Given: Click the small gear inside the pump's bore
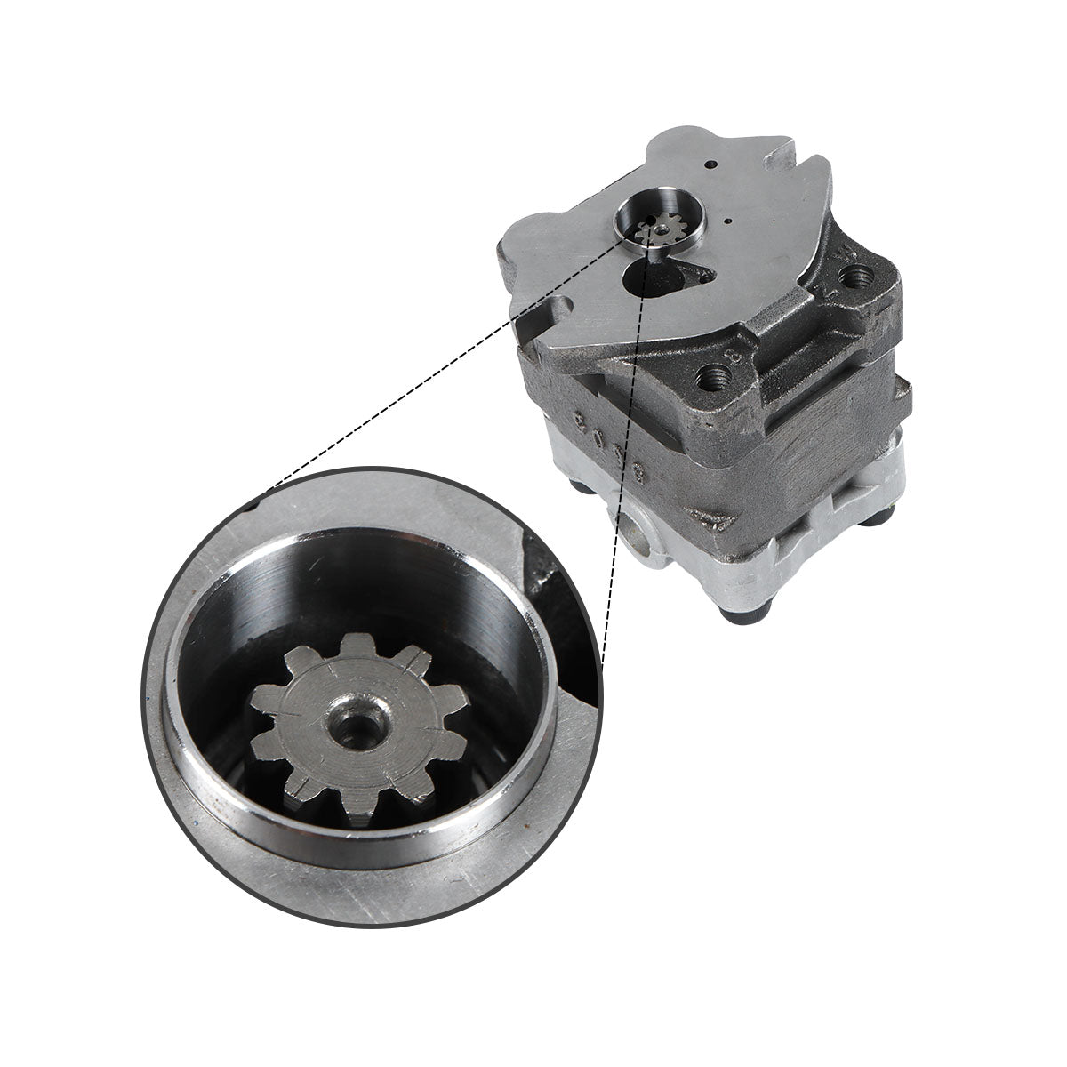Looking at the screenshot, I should [x=658, y=234].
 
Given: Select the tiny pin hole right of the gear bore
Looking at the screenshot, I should [x=726, y=221].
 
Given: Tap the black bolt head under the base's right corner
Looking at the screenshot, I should [x=885, y=517].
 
